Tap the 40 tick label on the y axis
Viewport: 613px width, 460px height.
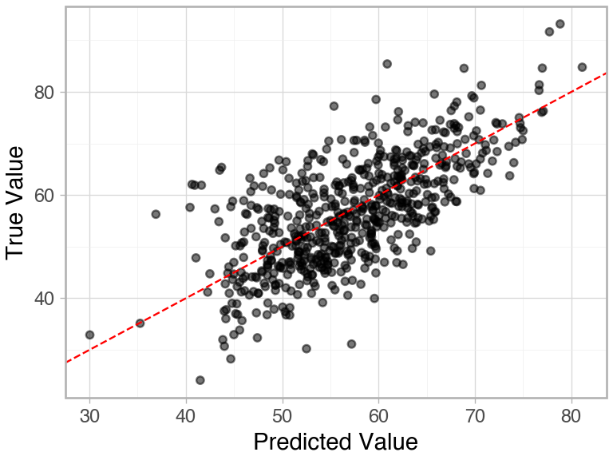[45, 299]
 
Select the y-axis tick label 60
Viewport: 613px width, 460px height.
[45, 196]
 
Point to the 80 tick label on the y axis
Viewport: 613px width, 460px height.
[45, 93]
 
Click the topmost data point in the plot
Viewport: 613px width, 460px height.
[560, 24]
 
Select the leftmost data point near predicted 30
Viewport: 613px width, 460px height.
[89, 335]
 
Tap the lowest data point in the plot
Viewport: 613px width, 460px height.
[200, 380]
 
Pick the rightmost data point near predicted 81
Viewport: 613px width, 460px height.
[582, 67]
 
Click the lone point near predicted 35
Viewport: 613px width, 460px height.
[140, 323]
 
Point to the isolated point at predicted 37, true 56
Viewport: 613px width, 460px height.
[156, 214]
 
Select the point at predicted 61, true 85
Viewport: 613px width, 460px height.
[387, 64]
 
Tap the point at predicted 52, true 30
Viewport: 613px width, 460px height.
[306, 348]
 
